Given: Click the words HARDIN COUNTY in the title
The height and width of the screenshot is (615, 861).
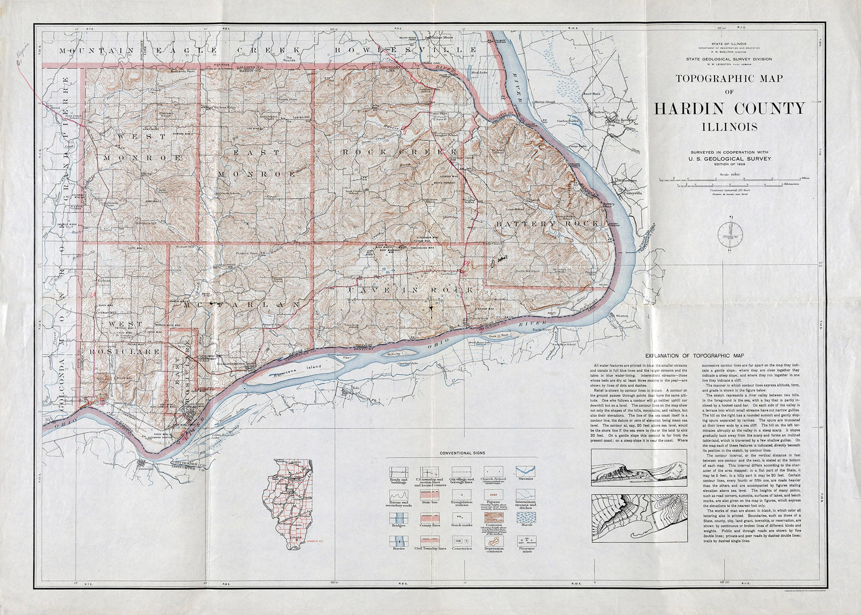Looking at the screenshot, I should [x=729, y=109].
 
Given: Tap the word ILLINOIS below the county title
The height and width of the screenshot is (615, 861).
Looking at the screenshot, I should [x=729, y=127].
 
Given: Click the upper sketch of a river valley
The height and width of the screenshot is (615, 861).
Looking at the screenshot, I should [x=638, y=467].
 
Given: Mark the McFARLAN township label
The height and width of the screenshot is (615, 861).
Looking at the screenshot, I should [x=241, y=305].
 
